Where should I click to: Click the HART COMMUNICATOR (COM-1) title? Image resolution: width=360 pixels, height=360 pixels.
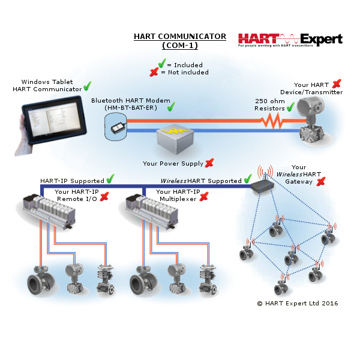click(x=180, y=41)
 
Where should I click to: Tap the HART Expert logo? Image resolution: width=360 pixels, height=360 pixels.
click(x=290, y=40)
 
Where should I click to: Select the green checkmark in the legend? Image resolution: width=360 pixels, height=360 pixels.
click(x=162, y=63)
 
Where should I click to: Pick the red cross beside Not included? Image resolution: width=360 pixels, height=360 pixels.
click(x=154, y=72)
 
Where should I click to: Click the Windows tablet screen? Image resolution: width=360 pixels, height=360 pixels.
click(x=55, y=119)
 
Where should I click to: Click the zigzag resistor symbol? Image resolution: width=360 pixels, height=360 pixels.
click(x=271, y=121)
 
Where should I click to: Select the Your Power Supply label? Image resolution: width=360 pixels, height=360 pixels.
click(x=173, y=163)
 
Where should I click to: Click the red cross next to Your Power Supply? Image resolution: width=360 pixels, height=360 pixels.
click(x=209, y=163)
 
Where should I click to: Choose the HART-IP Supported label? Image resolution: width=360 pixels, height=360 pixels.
click(x=72, y=181)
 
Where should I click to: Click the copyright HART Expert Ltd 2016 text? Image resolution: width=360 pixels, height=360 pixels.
click(x=298, y=303)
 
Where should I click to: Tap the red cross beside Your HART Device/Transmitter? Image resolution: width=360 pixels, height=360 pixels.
click(x=337, y=83)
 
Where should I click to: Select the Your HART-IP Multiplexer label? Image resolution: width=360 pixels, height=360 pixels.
click(x=178, y=195)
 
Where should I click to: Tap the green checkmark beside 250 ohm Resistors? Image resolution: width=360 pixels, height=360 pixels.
click(x=290, y=107)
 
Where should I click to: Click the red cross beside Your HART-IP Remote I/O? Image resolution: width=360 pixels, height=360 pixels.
click(x=104, y=197)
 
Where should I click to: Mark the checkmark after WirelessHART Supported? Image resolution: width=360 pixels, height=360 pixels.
click(x=248, y=179)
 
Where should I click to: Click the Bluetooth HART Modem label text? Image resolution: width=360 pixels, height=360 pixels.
click(x=131, y=104)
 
